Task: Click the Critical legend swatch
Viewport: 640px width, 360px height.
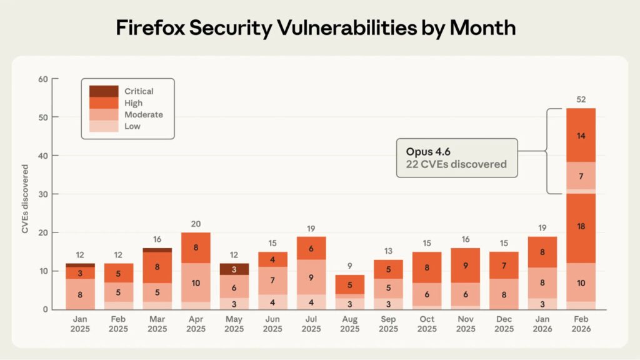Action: [x=104, y=91]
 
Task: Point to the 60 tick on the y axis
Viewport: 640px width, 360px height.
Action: [x=43, y=79]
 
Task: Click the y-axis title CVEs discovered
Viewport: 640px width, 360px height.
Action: [x=25, y=199]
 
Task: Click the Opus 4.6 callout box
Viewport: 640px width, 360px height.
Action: [x=457, y=159]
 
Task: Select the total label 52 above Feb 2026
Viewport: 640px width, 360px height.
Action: [x=581, y=99]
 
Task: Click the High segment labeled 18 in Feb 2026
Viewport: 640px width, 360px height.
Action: [x=581, y=226]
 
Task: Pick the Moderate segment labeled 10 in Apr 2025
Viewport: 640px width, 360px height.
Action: [x=196, y=282]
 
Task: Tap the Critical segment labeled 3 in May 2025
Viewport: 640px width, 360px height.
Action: [x=234, y=269]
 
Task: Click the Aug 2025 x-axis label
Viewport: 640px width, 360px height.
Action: [x=349, y=324]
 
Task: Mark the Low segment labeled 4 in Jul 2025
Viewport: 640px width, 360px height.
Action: [x=311, y=302]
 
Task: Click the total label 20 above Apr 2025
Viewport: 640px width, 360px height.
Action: [x=196, y=224]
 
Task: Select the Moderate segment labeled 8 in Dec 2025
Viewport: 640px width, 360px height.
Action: [x=503, y=294]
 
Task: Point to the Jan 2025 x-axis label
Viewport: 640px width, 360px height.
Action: [x=80, y=324]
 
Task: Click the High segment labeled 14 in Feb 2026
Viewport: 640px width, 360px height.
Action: [x=581, y=135]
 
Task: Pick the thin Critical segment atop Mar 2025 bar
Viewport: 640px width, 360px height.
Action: [x=157, y=250]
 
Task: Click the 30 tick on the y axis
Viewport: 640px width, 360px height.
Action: [x=43, y=194]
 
